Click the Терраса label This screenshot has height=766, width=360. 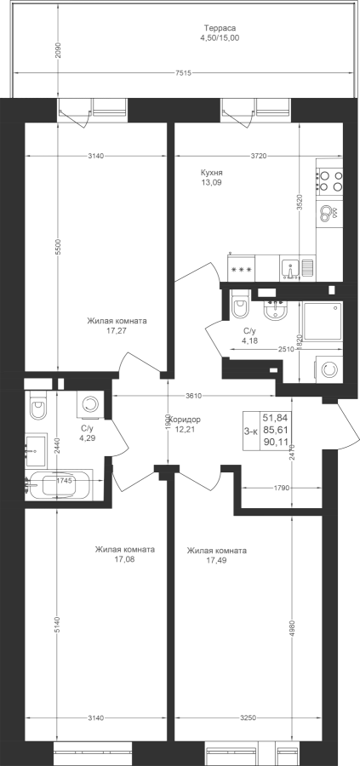[220, 28]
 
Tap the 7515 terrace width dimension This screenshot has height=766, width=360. [182, 73]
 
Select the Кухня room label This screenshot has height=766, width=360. [212, 173]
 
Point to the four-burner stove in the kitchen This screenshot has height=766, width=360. [329, 180]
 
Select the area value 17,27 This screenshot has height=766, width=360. [117, 331]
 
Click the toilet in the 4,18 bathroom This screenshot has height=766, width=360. [240, 305]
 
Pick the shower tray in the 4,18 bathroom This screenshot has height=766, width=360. [323, 321]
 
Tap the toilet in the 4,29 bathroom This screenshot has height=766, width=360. [38, 405]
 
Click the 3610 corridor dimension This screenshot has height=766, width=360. [192, 396]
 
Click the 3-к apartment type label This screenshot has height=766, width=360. [251, 431]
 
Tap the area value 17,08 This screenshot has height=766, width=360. [124, 559]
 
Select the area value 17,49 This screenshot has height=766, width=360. [216, 560]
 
